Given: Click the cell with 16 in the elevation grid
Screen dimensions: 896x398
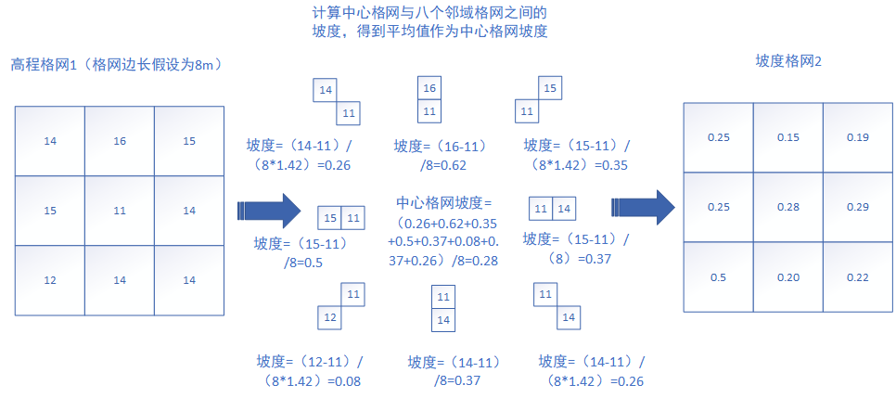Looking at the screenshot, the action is [120, 141].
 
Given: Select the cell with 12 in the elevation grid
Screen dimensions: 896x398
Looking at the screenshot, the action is [49, 280].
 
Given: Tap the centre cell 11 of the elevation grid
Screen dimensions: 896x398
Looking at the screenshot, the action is [120, 211].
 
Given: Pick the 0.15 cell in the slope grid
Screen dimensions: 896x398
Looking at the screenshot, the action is [787, 137].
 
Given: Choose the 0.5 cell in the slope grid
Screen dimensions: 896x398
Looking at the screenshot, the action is [718, 276].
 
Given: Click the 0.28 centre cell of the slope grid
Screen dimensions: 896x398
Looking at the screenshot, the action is [787, 207].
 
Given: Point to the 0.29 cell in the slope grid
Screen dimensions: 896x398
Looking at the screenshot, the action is [857, 207].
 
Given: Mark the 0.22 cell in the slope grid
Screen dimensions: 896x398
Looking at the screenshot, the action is [857, 276].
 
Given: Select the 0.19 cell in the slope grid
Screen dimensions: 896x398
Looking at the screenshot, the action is [857, 137].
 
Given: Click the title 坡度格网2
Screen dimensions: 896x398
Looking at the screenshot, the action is [789, 61].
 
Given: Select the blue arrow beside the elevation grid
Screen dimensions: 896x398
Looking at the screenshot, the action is [270, 210].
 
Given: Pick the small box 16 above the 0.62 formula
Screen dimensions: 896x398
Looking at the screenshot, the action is [429, 89].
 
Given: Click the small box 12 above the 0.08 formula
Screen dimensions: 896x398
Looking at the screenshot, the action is [329, 317].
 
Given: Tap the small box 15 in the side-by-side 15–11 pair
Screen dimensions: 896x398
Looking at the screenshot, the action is [330, 218].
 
